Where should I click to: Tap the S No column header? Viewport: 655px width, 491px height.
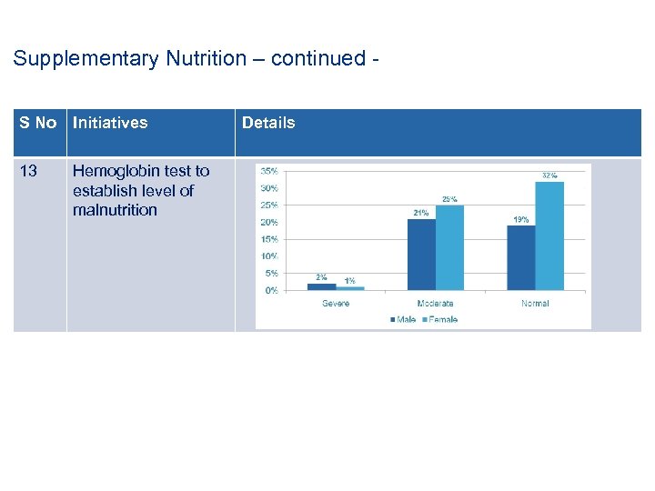[x=38, y=123]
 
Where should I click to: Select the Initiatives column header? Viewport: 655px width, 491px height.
[x=110, y=123]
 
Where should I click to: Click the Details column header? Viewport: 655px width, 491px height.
[x=268, y=123]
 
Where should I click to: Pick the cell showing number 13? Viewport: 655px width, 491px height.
[x=28, y=171]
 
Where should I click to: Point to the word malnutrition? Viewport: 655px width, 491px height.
[x=115, y=210]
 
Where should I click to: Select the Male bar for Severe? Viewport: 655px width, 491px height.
[x=321, y=286]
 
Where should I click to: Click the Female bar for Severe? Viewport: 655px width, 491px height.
[x=349, y=288]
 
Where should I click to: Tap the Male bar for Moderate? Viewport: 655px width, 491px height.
[x=421, y=255]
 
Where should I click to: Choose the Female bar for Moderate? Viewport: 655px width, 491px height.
[x=449, y=247]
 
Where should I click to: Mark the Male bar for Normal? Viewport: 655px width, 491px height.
[x=521, y=258]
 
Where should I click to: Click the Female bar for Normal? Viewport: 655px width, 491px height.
[x=549, y=236]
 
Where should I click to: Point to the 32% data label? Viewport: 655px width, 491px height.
[x=549, y=175]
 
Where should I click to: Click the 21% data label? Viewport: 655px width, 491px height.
[x=421, y=213]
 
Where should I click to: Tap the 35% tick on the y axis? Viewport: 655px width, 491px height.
[x=269, y=171]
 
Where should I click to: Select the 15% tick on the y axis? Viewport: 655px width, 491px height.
[x=269, y=239]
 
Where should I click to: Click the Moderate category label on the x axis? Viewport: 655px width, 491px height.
[x=435, y=303]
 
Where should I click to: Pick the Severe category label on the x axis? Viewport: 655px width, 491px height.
[x=335, y=303]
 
